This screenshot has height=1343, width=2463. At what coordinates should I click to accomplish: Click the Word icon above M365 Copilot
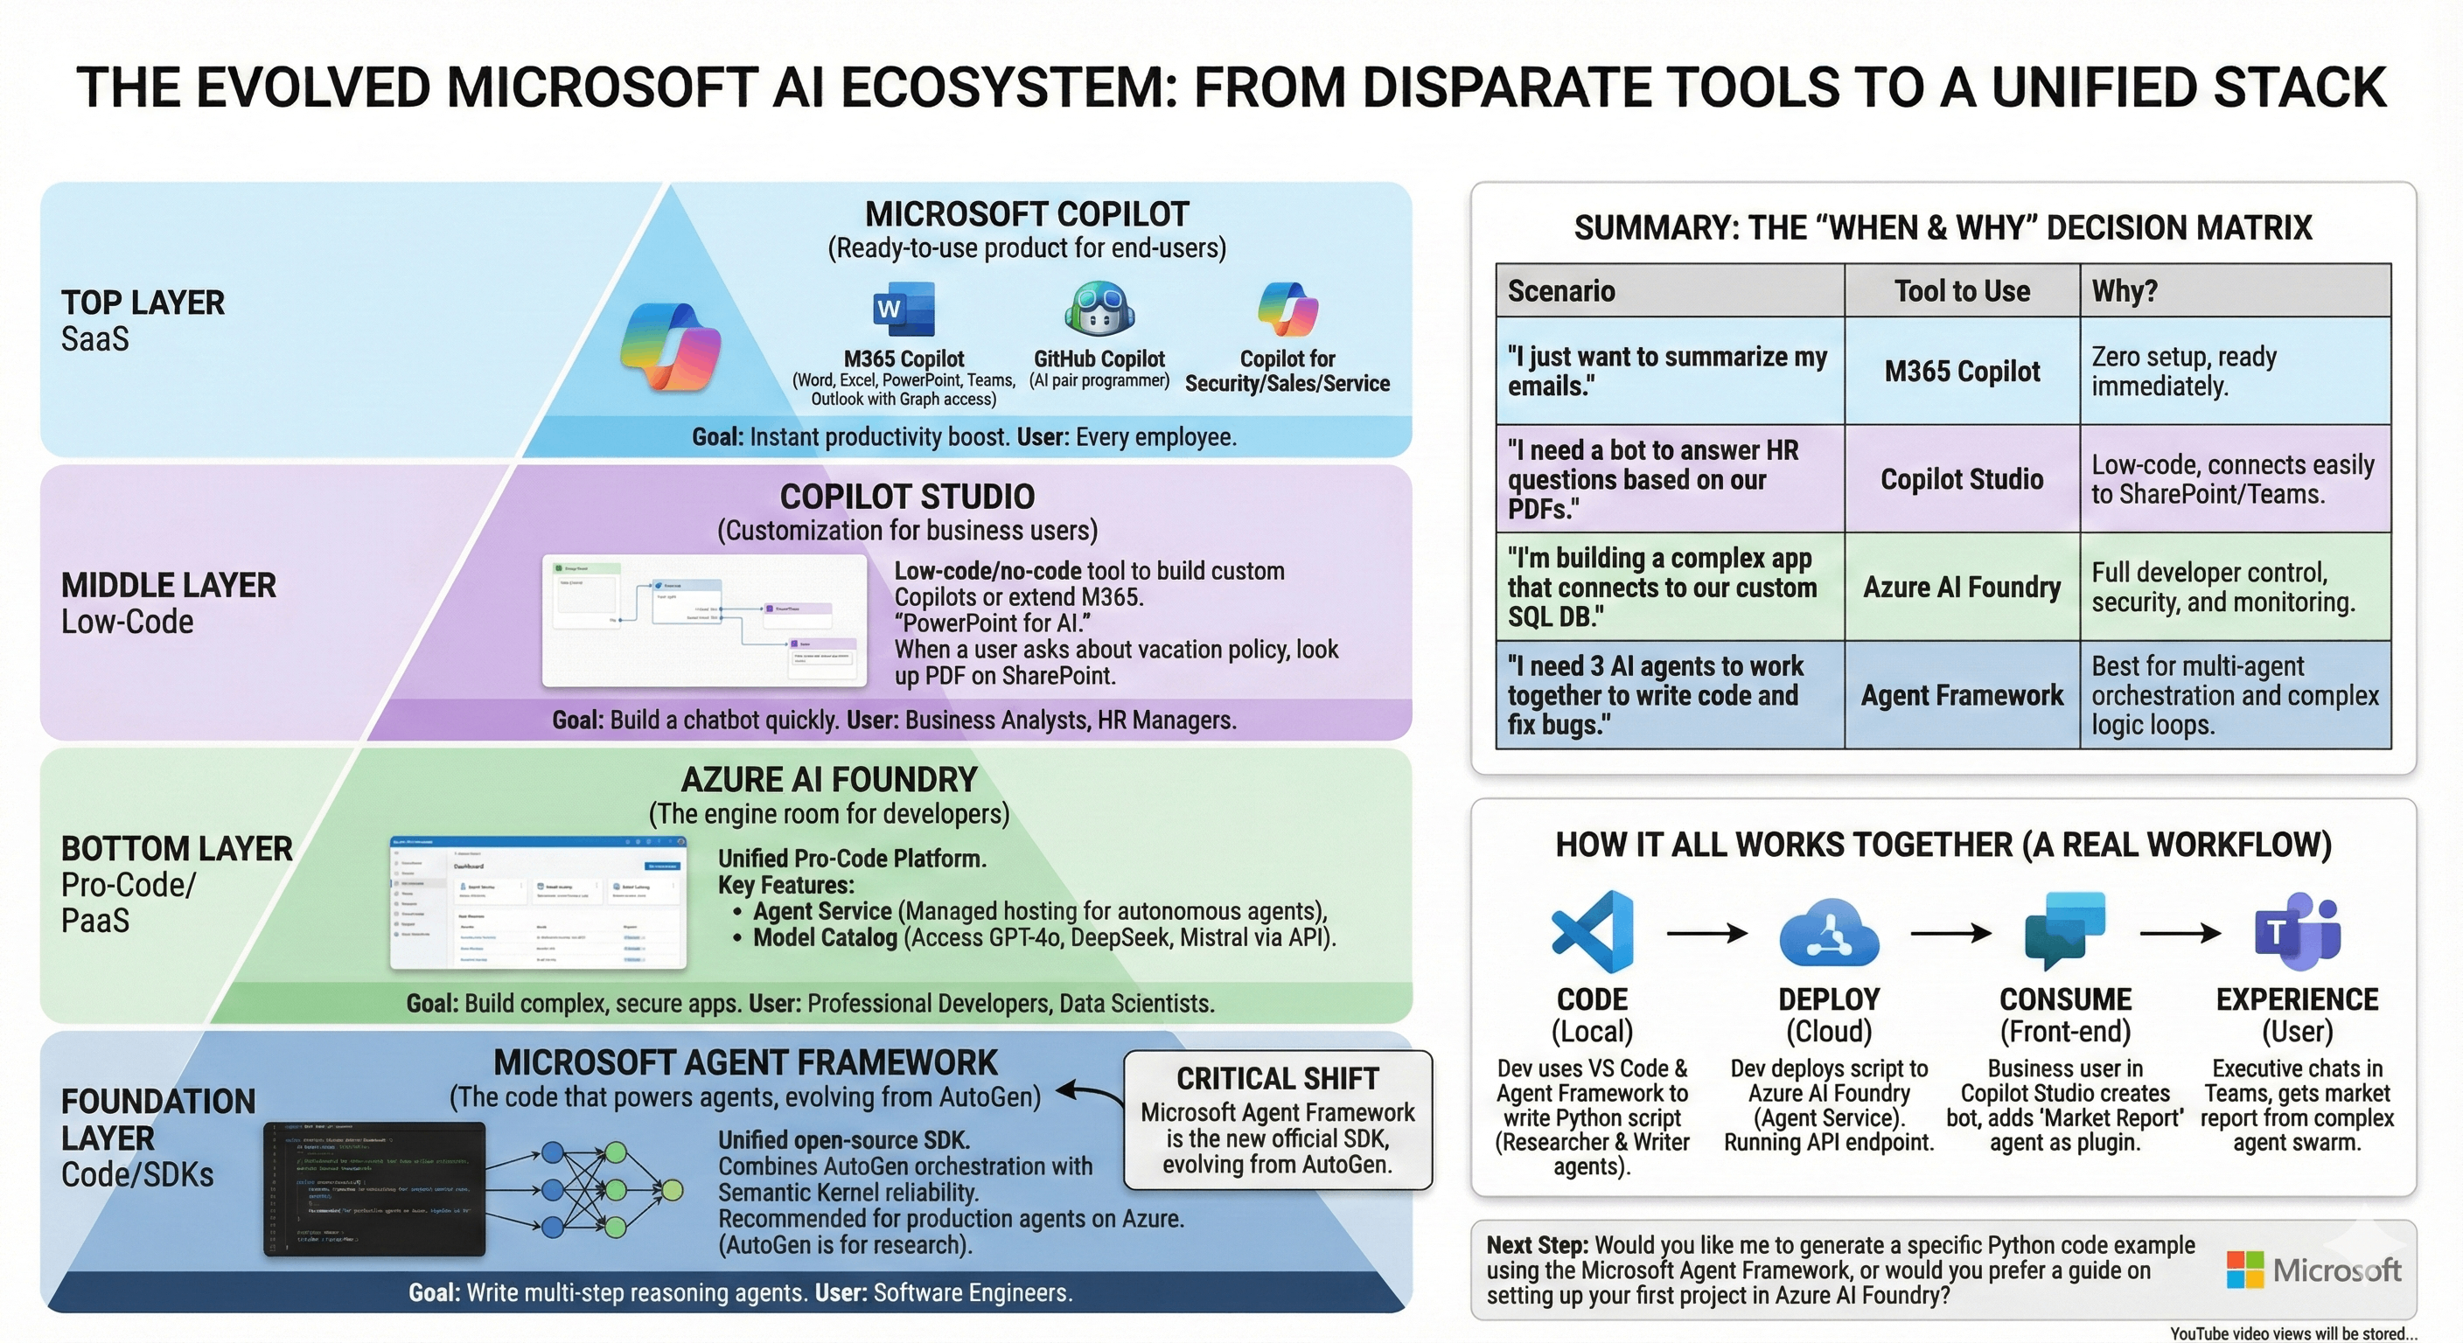point(904,309)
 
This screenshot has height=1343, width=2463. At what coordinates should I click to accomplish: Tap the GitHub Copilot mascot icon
point(1099,309)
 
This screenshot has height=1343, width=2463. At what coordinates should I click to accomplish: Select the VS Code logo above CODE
point(1591,931)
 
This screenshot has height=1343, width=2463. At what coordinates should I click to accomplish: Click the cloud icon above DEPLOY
point(1828,933)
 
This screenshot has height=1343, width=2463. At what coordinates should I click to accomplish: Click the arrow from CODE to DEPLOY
point(1706,933)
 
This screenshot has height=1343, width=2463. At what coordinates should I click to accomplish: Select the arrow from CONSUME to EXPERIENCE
point(2180,933)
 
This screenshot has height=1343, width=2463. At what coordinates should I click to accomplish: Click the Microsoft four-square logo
point(2245,1270)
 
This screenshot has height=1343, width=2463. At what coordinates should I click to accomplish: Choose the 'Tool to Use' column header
point(1962,290)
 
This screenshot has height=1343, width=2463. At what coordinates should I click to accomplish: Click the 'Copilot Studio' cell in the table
point(1962,479)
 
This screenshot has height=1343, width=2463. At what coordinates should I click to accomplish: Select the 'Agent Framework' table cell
point(1962,695)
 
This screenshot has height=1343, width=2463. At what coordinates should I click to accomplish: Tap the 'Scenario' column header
point(1561,290)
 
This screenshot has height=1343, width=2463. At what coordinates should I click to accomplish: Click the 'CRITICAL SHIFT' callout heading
point(1277,1078)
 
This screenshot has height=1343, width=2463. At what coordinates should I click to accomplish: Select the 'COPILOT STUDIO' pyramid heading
point(907,497)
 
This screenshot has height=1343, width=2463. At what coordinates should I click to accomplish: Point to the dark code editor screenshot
point(373,1189)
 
